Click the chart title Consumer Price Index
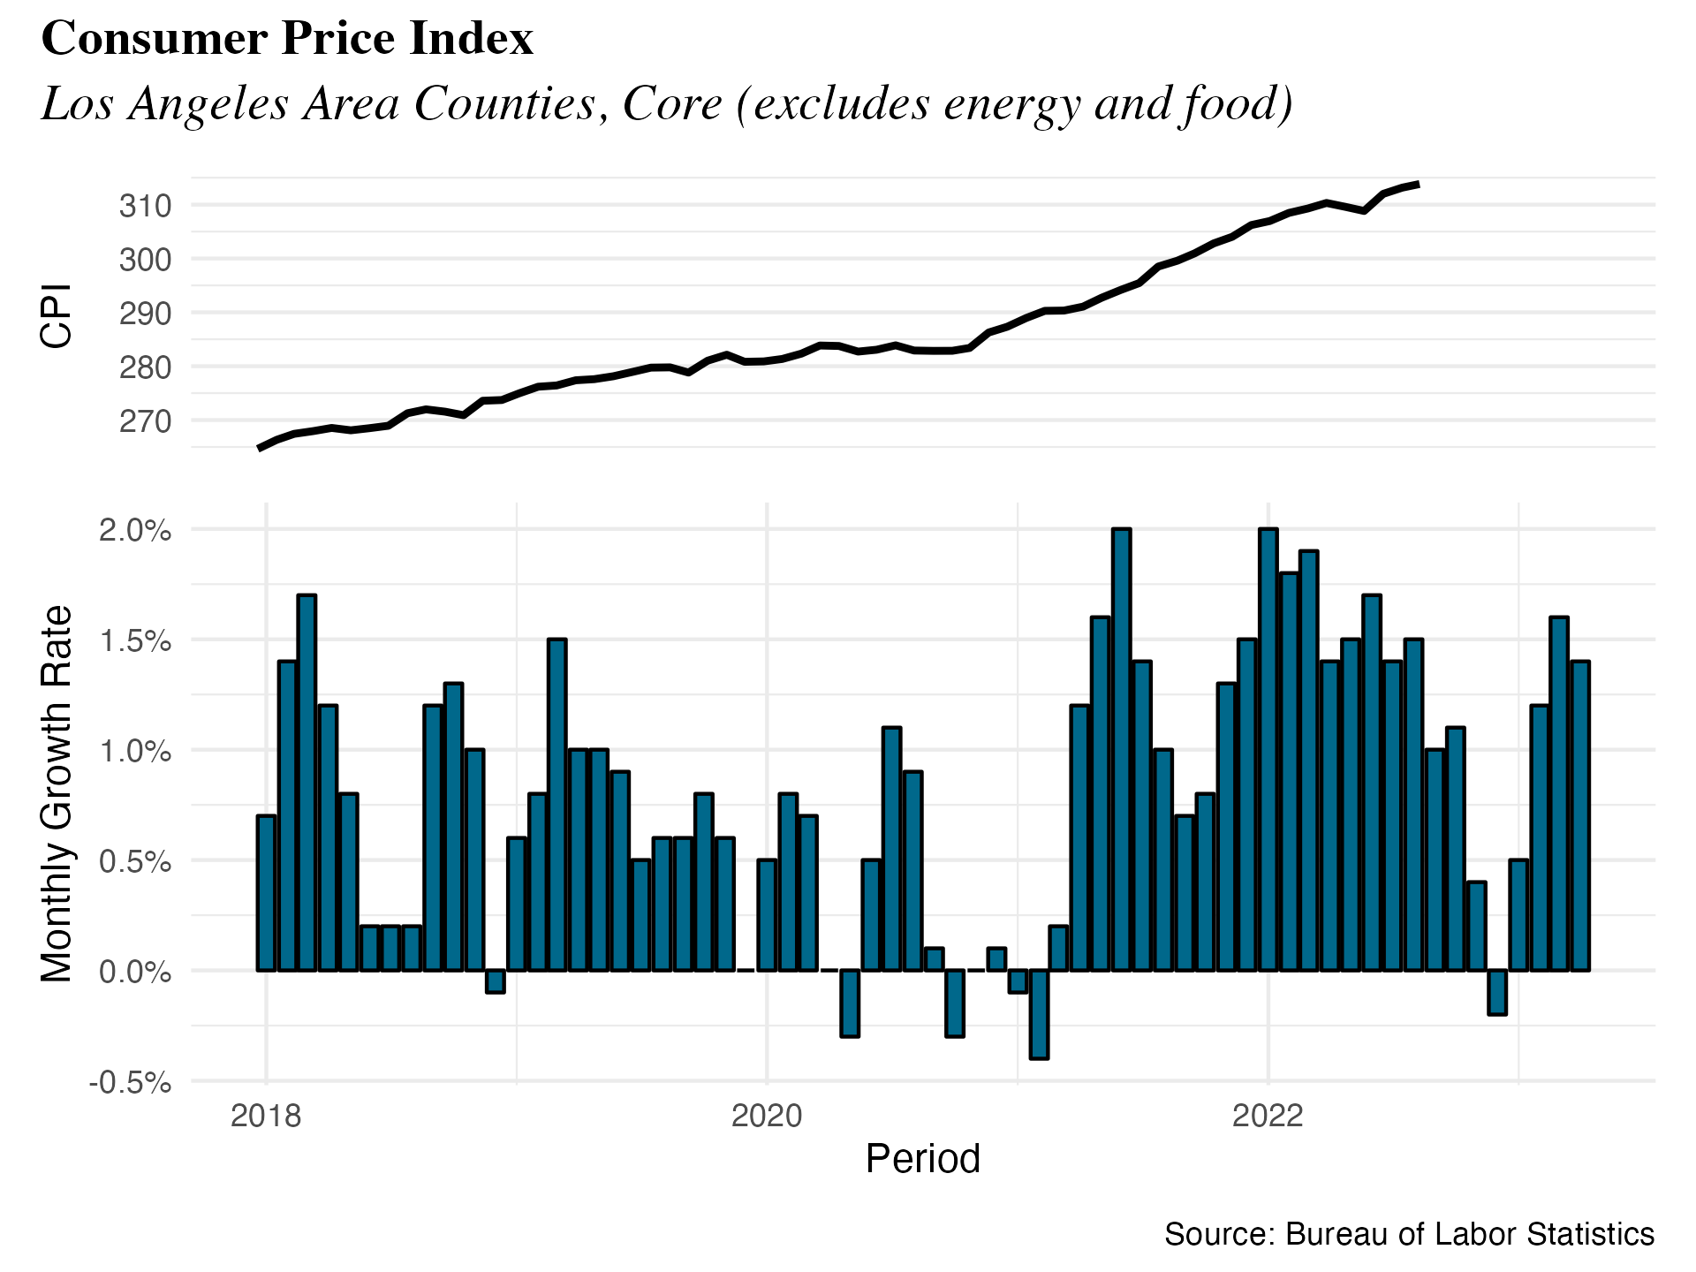click(x=287, y=39)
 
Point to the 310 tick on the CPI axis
click(x=145, y=206)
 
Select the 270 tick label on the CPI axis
click(x=145, y=421)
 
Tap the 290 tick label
click(x=145, y=314)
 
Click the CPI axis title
click(x=57, y=315)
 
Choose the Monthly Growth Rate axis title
click(x=57, y=793)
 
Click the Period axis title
click(x=922, y=1159)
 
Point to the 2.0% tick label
click(x=134, y=530)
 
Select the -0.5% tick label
click(x=130, y=1082)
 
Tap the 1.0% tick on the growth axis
click(x=134, y=751)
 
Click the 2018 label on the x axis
click(x=266, y=1117)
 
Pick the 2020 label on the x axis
click(x=767, y=1117)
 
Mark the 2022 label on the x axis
click(x=1268, y=1117)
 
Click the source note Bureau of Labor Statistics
click(x=1409, y=1234)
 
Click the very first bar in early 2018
click(x=266, y=892)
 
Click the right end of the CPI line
click(x=1417, y=184)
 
